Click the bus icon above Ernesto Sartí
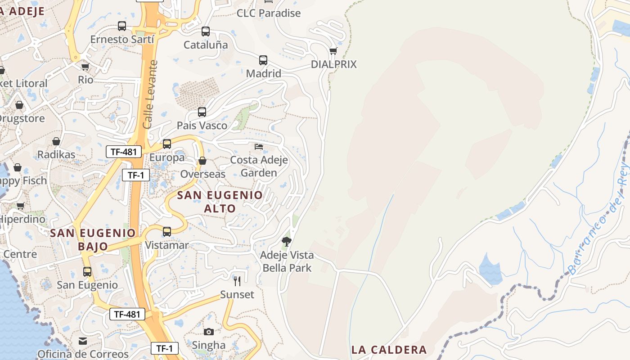(122, 26)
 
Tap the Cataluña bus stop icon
(206, 31)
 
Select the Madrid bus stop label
(264, 73)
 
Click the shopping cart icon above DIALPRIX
(333, 51)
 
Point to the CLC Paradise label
(269, 13)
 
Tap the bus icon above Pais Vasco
(202, 112)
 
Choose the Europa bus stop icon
(167, 144)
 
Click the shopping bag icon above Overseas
(202, 161)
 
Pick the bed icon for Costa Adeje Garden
(259, 147)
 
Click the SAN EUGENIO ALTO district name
(220, 202)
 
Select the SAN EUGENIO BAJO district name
(93, 239)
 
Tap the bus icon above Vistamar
(167, 232)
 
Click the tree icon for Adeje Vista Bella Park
(287, 242)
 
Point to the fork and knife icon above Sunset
(237, 281)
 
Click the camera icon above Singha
(209, 332)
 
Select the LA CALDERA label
(389, 350)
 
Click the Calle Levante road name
(150, 94)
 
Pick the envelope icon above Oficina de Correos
(83, 341)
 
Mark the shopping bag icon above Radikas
(56, 141)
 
